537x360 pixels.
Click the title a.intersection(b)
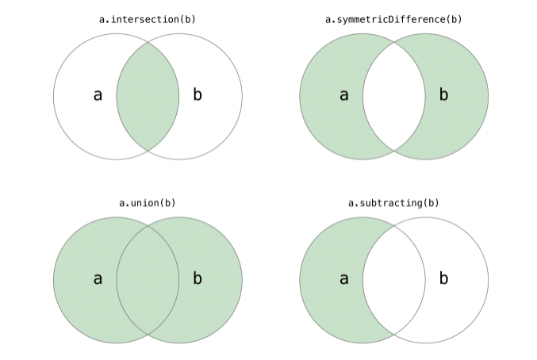pos(148,19)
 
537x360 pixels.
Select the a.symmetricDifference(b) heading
pos(393,19)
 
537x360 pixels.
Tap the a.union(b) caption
pos(148,203)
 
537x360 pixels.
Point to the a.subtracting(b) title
pos(393,203)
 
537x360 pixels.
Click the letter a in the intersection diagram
pos(98,95)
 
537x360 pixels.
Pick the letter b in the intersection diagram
pos(198,95)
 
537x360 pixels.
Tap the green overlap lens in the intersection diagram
pos(148,96)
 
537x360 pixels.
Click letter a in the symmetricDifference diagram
pos(343,95)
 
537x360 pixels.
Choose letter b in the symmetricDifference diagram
pos(443,95)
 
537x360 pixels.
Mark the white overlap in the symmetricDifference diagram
pos(393,96)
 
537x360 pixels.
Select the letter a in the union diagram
pos(98,278)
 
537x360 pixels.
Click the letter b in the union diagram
pos(198,278)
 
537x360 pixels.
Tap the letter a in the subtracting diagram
pos(343,278)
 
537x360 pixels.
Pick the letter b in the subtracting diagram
pos(443,278)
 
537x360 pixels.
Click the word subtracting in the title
pos(390,203)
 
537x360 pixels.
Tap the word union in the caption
pos(144,203)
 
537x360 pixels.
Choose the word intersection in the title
pos(144,19)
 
